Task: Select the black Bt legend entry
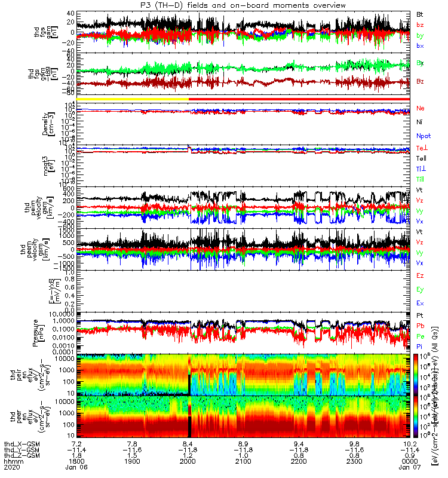coord(420,14)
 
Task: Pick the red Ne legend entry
coord(421,108)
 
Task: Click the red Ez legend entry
coord(421,275)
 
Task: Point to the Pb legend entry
coord(421,326)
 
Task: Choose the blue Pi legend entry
coord(420,347)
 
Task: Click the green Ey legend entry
coord(421,289)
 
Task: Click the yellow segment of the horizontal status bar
coord(129,99)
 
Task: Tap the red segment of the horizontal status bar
coord(299,99)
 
